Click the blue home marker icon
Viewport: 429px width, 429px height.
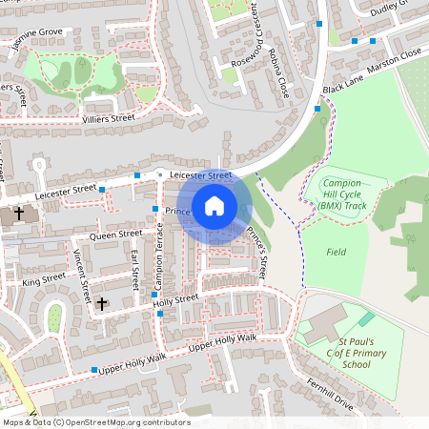coord(214,206)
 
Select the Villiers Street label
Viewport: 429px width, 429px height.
coord(107,118)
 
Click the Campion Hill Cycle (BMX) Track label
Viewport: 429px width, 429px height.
coord(344,194)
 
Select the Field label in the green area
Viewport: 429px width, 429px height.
coord(336,252)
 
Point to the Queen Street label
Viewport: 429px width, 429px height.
coord(114,234)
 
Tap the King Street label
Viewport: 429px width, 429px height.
coord(43,279)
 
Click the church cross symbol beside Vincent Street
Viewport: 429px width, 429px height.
coord(102,304)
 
